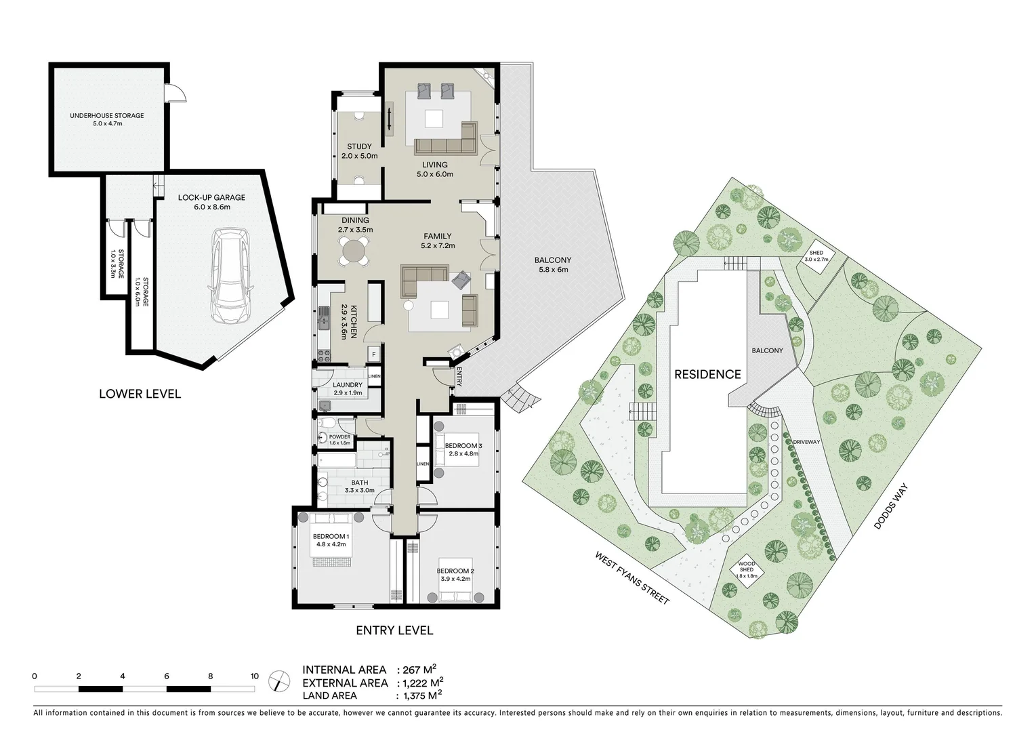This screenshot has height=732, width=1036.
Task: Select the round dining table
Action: (355, 251)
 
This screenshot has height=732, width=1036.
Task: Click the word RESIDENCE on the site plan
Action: (707, 374)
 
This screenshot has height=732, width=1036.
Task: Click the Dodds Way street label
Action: (890, 506)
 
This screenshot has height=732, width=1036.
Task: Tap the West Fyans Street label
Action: (631, 578)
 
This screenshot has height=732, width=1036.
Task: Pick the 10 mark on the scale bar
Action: (254, 676)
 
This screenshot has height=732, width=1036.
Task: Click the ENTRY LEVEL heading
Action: (394, 630)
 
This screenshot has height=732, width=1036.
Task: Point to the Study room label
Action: (359, 147)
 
